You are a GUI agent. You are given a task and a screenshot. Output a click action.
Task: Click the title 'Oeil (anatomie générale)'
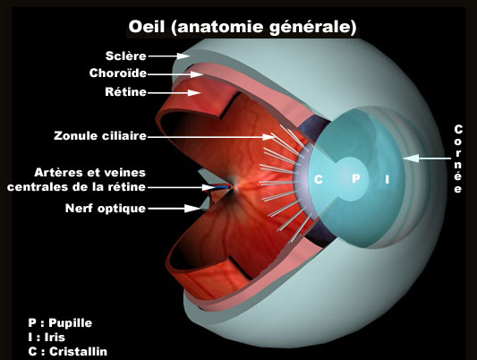[x=243, y=27]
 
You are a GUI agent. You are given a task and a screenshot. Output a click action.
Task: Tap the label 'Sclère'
[x=126, y=56]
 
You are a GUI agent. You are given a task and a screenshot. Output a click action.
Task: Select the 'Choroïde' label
[x=118, y=73]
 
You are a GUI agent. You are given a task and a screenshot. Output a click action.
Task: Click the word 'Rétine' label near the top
[x=125, y=92]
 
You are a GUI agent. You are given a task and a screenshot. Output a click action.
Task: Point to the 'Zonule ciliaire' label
[x=100, y=136]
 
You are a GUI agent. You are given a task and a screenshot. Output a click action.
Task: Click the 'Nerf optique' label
[x=106, y=209]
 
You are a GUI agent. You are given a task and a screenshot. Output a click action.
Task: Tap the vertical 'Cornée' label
[x=458, y=159]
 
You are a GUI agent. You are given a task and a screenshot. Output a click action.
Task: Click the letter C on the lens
[x=319, y=179]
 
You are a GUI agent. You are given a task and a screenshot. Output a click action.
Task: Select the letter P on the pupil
[x=355, y=178]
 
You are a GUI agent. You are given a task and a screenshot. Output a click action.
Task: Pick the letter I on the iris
[x=387, y=179]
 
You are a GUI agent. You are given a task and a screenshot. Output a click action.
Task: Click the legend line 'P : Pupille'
[x=60, y=323]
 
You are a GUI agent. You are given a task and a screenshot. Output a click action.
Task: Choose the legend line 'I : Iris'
[x=47, y=338]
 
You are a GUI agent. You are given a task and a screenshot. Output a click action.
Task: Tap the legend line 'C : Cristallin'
[x=67, y=351]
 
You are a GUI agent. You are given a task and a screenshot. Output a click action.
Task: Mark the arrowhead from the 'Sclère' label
[x=183, y=56]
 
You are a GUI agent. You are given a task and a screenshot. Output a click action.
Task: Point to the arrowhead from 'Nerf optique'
[x=192, y=209]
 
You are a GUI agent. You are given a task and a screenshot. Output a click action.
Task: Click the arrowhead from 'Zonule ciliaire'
[x=268, y=137]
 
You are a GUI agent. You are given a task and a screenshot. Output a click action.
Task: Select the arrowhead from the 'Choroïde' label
[x=197, y=74]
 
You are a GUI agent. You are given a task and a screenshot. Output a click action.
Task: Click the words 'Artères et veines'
[x=90, y=173]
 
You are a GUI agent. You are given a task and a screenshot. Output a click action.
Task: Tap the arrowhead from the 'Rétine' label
[x=194, y=92]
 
